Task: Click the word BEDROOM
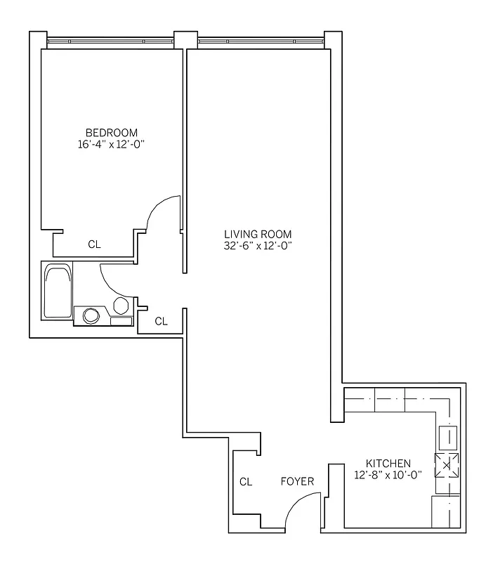coord(111,132)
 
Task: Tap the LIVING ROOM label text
coord(258,234)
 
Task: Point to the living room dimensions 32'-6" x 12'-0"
coord(258,246)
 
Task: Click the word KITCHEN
coord(388,463)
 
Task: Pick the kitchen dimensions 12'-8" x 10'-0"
coord(388,475)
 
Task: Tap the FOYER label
coord(297,481)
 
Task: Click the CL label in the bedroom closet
coord(94,244)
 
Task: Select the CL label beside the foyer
coord(245,482)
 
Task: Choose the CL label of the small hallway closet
coord(161,321)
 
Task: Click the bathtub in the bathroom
coord(57,291)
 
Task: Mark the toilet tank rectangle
coord(121,321)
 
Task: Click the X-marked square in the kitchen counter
coord(447,464)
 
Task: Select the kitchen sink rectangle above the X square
coord(447,438)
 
